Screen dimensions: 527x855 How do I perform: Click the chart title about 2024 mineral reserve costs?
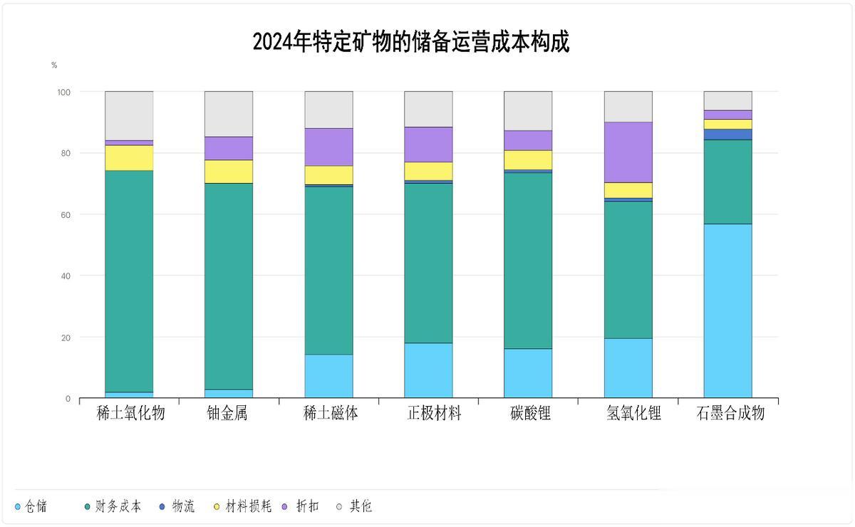(411, 41)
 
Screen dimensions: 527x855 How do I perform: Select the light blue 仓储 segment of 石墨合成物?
(727, 311)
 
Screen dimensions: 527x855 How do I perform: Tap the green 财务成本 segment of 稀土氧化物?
(129, 281)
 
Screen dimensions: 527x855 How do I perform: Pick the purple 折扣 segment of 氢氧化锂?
(628, 152)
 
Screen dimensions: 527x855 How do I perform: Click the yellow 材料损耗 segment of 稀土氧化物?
(129, 157)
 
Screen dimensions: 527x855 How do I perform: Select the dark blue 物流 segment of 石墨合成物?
(727, 135)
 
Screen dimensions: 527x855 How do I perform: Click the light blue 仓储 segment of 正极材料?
(428, 370)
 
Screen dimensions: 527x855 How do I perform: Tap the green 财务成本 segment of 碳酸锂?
(528, 261)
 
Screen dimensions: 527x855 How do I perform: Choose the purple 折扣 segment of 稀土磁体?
(328, 147)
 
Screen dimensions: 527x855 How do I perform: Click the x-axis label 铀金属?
(227, 413)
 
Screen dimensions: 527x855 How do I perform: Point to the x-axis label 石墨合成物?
(730, 413)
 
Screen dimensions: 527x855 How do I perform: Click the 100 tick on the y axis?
(63, 92)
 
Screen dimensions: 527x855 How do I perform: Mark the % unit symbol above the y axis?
(54, 66)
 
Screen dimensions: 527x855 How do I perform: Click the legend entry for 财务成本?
(113, 507)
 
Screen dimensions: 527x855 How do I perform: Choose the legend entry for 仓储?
(31, 507)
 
